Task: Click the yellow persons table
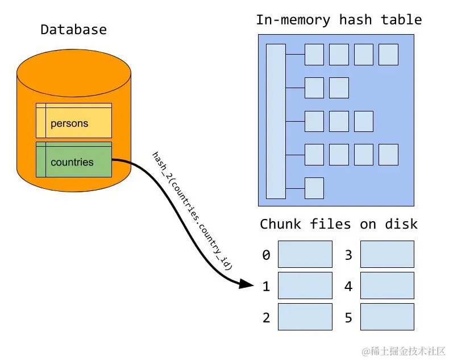point(74,121)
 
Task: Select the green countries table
point(74,159)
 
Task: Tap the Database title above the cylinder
point(73,30)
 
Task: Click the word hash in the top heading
point(355,20)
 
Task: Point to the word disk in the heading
point(401,224)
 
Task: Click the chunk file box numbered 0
point(305,254)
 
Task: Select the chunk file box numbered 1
point(305,285)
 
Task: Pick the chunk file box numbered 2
point(305,316)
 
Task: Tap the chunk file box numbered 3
point(387,254)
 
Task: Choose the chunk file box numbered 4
point(387,285)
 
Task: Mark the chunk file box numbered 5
point(387,316)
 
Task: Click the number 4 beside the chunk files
point(348,286)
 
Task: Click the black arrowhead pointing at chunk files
point(246,284)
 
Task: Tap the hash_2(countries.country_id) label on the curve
point(192,211)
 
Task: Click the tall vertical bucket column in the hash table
point(276,121)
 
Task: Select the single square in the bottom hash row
point(314,188)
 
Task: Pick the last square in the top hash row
point(388,55)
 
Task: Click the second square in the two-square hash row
point(339,88)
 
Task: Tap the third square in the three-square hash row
point(364,121)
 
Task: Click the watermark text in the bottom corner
point(404,351)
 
